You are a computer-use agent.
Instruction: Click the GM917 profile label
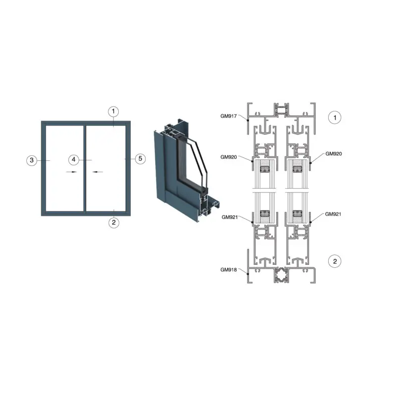coord(229,116)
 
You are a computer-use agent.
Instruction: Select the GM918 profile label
coord(229,270)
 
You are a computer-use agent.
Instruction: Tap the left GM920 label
coord(229,157)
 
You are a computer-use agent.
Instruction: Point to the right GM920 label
coord(334,154)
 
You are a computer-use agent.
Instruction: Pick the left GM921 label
coord(230,217)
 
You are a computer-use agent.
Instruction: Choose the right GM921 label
coord(333,214)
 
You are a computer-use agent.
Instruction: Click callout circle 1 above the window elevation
coord(113,111)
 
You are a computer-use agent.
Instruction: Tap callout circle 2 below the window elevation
coord(114,222)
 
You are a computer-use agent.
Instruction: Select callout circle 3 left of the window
coord(32,160)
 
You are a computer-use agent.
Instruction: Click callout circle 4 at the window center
coord(73,159)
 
